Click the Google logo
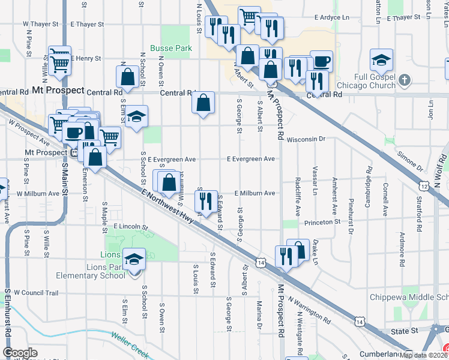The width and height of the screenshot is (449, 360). click(x=20, y=352)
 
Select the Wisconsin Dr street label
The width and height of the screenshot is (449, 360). click(x=306, y=139)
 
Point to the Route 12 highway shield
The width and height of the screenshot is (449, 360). click(x=424, y=187)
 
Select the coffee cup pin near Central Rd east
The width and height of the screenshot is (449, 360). click(x=321, y=61)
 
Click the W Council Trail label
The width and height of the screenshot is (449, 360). click(x=35, y=293)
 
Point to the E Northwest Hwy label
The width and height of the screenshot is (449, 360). click(x=169, y=205)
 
